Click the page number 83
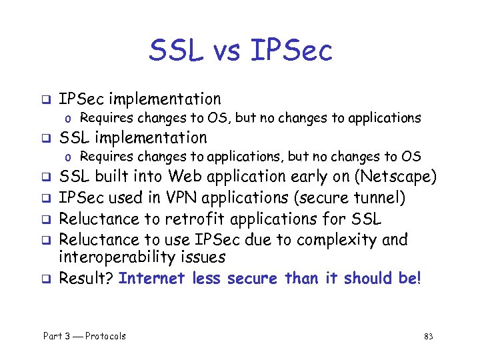point(428,336)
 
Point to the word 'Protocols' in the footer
point(105,336)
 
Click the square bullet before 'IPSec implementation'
point(47,101)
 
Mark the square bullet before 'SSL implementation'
point(47,139)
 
